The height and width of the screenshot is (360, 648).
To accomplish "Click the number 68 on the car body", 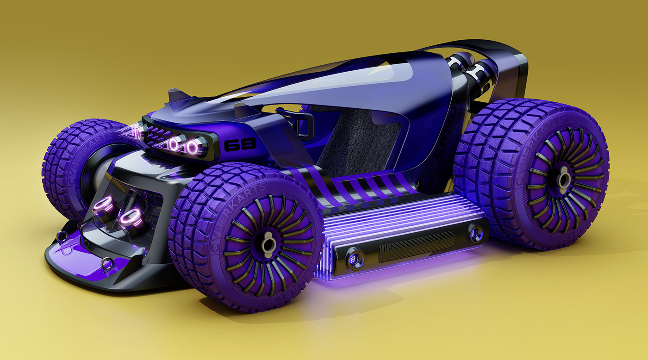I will click(x=240, y=145).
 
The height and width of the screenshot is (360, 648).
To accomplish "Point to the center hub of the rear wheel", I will click(x=564, y=180).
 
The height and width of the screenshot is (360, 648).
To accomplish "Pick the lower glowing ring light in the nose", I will click(x=131, y=218).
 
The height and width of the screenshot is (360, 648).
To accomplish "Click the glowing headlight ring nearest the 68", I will click(x=192, y=148).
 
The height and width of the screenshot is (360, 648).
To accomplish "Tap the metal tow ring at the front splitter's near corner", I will click(x=107, y=263).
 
